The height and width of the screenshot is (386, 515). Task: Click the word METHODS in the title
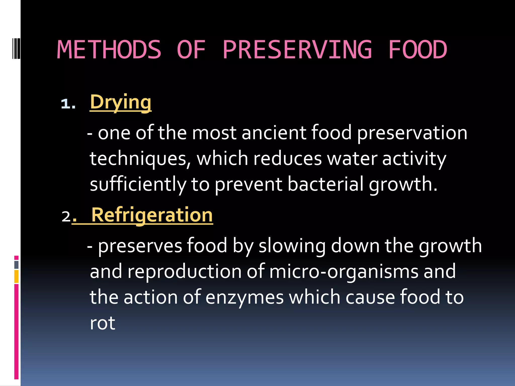pyautogui.click(x=109, y=50)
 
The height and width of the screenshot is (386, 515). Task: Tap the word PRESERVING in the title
pyautogui.click(x=297, y=50)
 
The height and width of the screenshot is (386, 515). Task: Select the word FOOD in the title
pyautogui.click(x=418, y=50)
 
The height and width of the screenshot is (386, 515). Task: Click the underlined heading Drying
pyautogui.click(x=121, y=102)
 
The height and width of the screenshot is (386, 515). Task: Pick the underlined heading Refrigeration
pyautogui.click(x=152, y=215)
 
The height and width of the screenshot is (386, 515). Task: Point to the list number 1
pyautogui.click(x=68, y=104)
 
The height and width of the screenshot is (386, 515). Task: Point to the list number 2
pyautogui.click(x=66, y=216)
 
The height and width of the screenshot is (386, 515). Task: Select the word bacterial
pyautogui.click(x=325, y=184)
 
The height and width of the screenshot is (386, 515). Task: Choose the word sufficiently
pyautogui.click(x=138, y=184)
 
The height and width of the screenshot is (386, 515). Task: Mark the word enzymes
pyautogui.click(x=245, y=297)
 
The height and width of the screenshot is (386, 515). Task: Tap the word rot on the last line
pyautogui.click(x=103, y=323)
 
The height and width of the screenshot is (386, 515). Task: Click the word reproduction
pyautogui.click(x=185, y=272)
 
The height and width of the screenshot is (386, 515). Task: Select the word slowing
pyautogui.click(x=292, y=246)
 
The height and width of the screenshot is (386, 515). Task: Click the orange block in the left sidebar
pyautogui.click(x=16, y=276)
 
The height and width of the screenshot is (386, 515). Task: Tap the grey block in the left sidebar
pyautogui.click(x=16, y=265)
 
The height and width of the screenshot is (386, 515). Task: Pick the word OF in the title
pyautogui.click(x=191, y=50)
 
